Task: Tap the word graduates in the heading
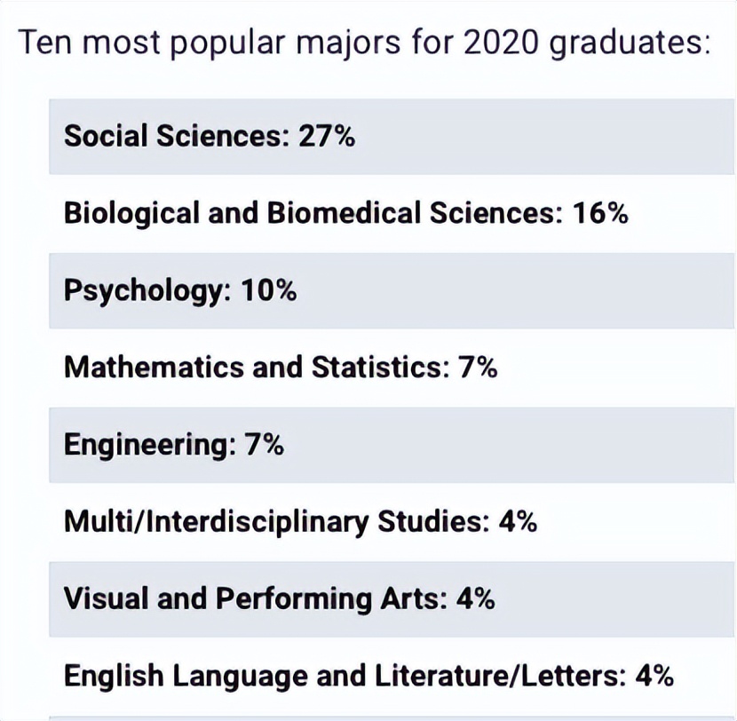pyautogui.click(x=629, y=44)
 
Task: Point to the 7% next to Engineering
pyautogui.click(x=263, y=444)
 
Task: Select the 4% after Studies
pyautogui.click(x=517, y=521)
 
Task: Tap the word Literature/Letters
pyautogui.click(x=503, y=676)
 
